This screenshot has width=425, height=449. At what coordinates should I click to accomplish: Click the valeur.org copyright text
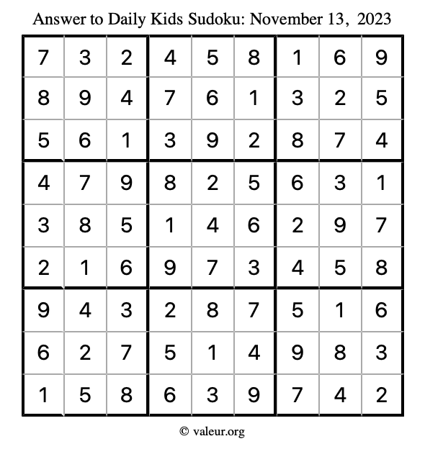[212, 431]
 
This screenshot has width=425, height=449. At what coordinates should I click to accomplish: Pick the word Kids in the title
[171, 18]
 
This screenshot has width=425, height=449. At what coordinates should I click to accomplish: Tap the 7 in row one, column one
[43, 57]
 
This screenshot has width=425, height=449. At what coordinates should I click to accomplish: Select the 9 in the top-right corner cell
[382, 57]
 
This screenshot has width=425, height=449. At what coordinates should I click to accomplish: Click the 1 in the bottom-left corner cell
[43, 394]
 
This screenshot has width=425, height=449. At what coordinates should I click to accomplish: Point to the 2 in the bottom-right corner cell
[382, 394]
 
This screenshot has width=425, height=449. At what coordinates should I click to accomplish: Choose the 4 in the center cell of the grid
[212, 225]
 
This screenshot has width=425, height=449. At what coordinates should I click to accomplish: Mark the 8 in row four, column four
[170, 183]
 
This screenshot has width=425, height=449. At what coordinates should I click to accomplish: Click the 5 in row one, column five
[212, 57]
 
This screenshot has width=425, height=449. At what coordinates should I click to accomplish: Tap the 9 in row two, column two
[85, 99]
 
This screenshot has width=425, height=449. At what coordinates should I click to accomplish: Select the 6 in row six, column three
[127, 268]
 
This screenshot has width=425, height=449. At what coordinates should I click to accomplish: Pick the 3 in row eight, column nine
[382, 352]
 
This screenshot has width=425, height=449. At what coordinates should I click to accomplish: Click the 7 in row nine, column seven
[297, 394]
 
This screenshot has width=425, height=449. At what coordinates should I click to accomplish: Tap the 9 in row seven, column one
[43, 309]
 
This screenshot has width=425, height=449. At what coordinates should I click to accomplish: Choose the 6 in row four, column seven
[297, 183]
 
